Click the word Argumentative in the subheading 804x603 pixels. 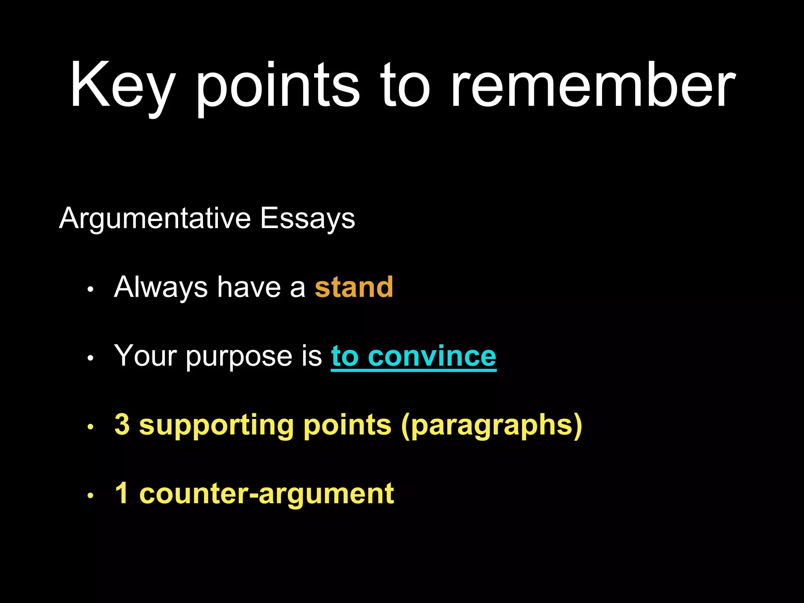tap(155, 218)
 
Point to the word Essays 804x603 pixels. tap(307, 218)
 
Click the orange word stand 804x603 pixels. tap(354, 287)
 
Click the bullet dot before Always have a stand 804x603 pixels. tap(90, 290)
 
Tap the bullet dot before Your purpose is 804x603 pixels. tap(90, 358)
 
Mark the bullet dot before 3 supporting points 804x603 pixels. tap(90, 427)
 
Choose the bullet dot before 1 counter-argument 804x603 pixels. tap(90, 496)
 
